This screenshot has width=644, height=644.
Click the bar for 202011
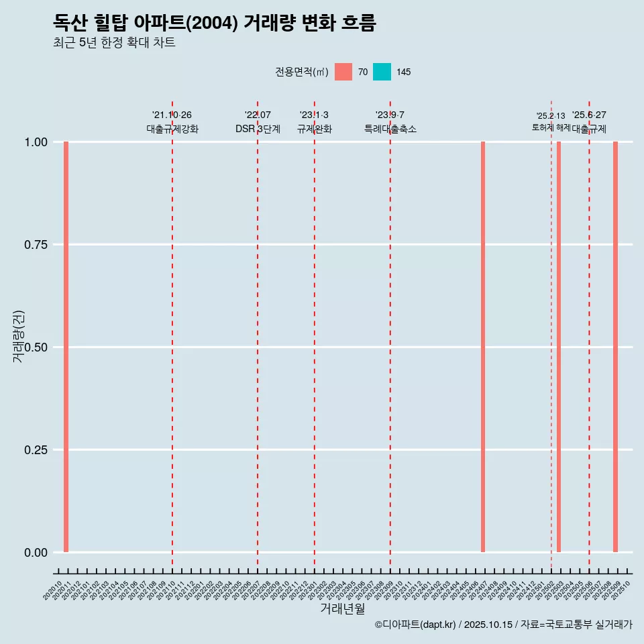(66, 347)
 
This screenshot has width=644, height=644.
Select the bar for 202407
(483, 347)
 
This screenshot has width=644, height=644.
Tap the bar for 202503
(559, 347)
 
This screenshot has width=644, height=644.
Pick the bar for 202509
(615, 347)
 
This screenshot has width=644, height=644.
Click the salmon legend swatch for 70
(343, 72)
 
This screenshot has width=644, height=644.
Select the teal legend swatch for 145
(382, 72)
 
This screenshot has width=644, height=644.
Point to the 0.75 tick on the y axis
(35, 245)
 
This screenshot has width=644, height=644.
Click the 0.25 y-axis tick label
(35, 450)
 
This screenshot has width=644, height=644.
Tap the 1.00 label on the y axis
(35, 142)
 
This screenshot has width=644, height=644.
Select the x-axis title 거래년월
(342, 608)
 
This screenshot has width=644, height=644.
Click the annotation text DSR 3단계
(258, 129)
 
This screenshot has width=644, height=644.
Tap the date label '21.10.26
(172, 115)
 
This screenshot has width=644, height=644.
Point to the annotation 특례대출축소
(390, 129)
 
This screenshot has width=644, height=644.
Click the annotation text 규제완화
(314, 129)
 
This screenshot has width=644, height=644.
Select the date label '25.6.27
(589, 115)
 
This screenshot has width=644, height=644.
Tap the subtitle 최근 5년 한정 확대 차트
(114, 43)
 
